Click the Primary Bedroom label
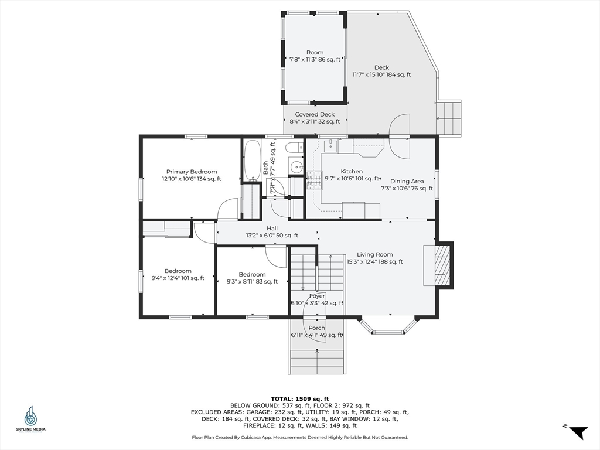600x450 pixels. [x=192, y=172]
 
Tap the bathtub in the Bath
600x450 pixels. [x=252, y=160]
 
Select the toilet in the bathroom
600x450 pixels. [x=295, y=147]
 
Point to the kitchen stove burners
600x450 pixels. [x=314, y=180]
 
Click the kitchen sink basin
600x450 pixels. [x=330, y=146]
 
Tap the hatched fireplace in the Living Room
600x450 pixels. [x=445, y=265]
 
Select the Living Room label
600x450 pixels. [x=374, y=254]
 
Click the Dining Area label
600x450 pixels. [x=407, y=182]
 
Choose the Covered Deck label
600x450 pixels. [x=315, y=114]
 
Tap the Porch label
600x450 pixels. [x=317, y=328]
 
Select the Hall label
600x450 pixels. [x=272, y=228]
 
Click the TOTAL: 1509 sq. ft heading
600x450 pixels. [x=299, y=398]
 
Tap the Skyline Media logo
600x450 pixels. [x=30, y=419]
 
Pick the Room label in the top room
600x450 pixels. [x=315, y=52]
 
